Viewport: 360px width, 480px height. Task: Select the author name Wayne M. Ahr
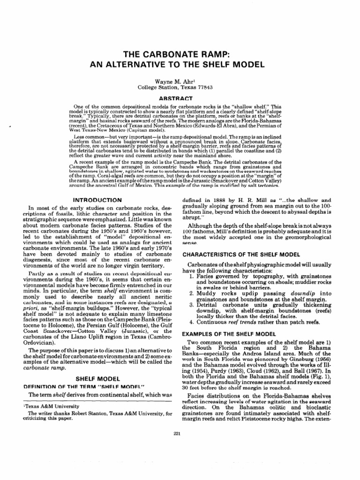[x=180, y=80]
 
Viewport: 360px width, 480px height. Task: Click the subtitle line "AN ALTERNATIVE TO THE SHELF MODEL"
[x=180, y=64]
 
